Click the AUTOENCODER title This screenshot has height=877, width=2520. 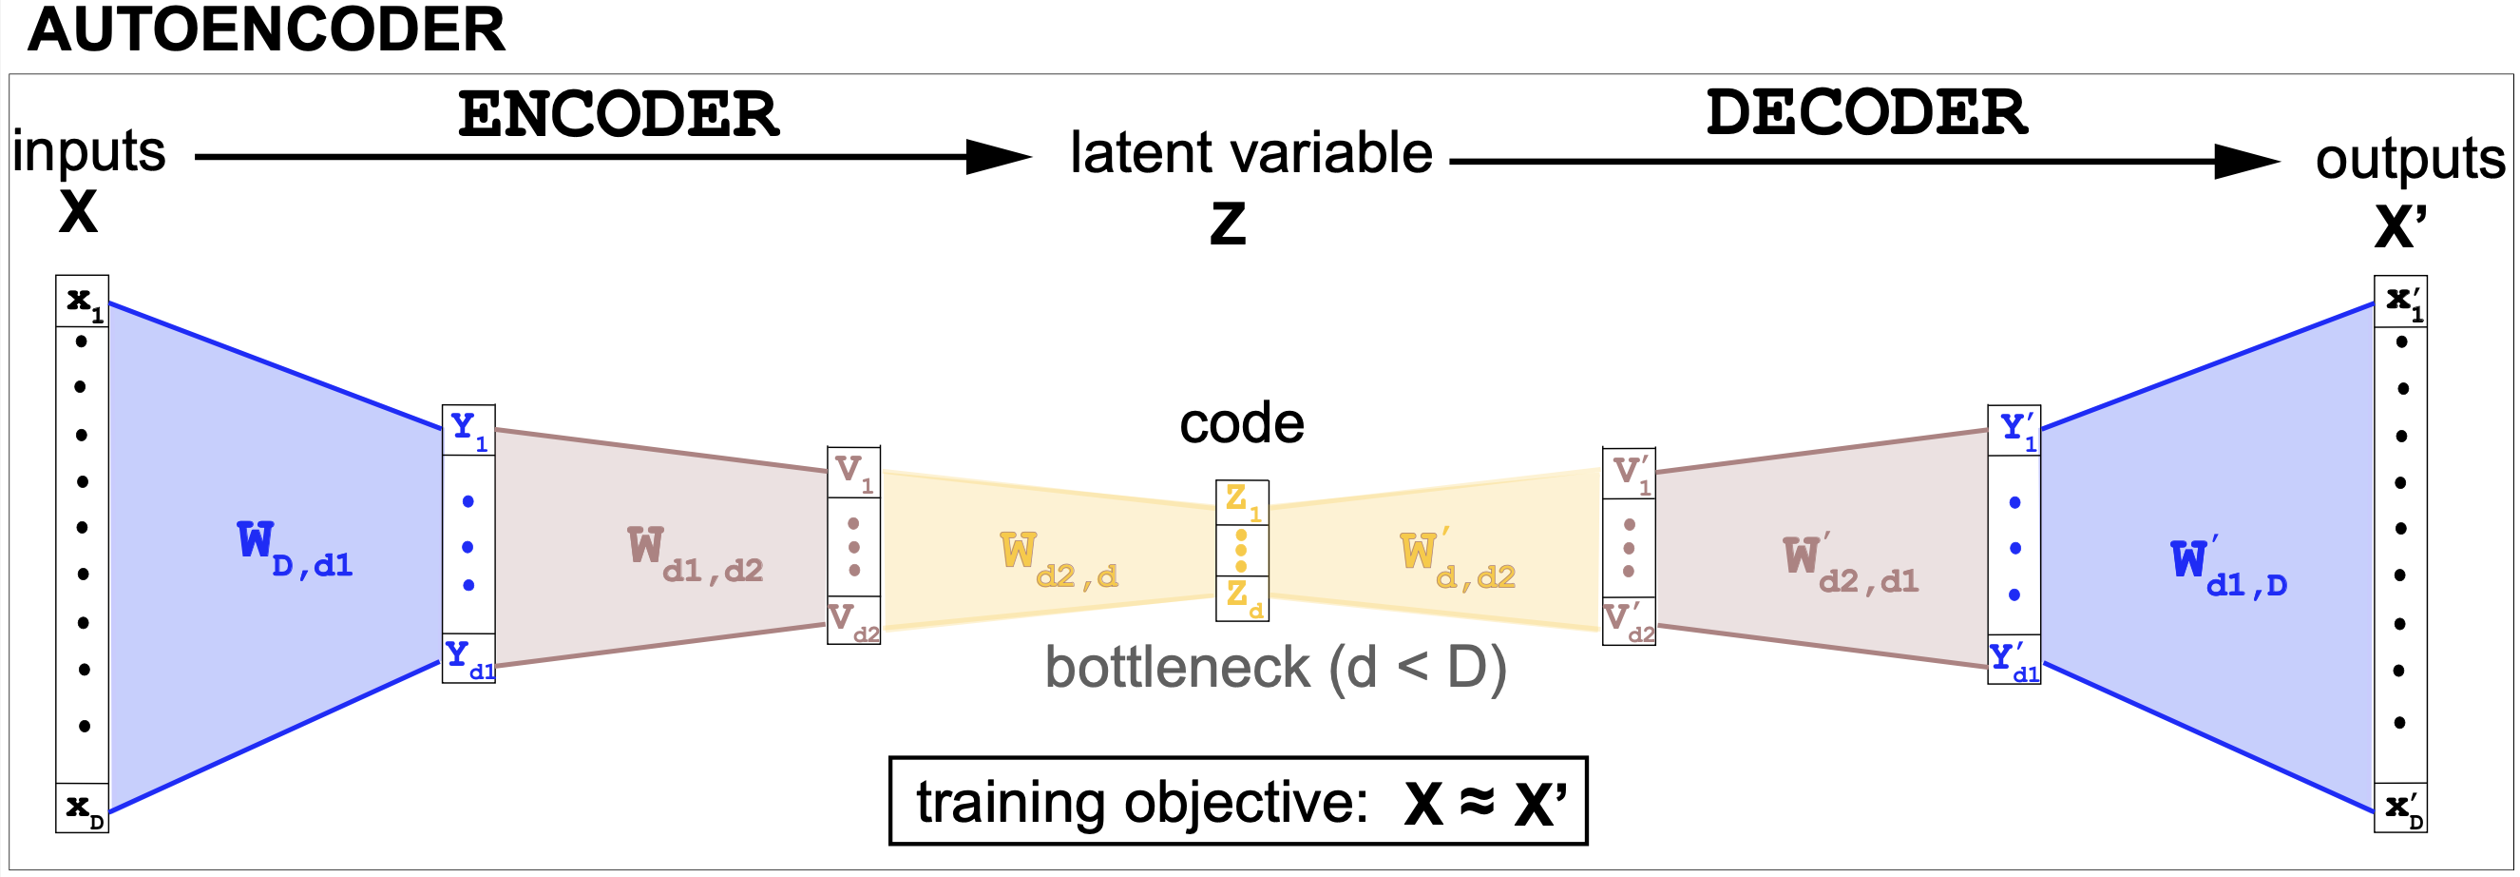[266, 30]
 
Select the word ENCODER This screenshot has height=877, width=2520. [619, 114]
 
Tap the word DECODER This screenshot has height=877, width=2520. [1866, 112]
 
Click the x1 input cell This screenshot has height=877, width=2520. [82, 302]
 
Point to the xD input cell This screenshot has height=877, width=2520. [82, 809]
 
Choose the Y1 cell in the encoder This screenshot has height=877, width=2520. [468, 430]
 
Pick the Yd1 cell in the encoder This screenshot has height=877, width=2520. [468, 658]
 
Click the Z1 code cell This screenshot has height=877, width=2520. [1242, 502]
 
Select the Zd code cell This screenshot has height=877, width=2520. [1242, 598]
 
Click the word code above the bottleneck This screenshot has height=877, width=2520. [1241, 424]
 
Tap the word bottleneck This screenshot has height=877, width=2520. [1176, 669]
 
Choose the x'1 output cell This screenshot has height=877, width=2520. [2401, 302]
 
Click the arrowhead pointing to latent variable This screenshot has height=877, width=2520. [998, 157]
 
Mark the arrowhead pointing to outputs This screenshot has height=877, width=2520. [2246, 162]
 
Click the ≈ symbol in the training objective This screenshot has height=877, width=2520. [1478, 803]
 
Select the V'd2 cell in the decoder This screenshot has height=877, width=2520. [1629, 621]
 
